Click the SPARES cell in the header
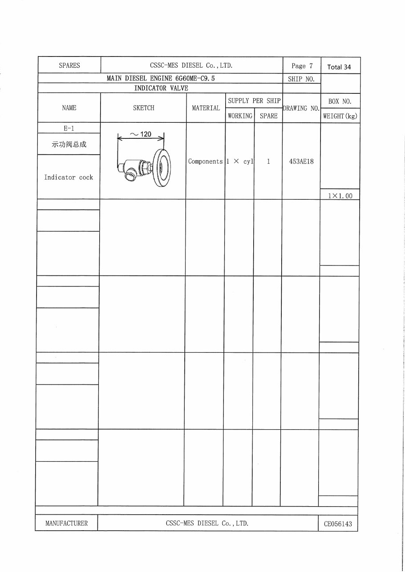69,65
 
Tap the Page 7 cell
302,66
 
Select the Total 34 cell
339,67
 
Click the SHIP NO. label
301,79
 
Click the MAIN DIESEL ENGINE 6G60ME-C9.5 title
164,78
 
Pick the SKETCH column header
144,108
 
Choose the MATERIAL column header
206,108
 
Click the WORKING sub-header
240,116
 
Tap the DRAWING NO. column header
301,108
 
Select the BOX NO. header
340,101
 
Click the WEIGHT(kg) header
340,116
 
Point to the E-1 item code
69,128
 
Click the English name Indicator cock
69,177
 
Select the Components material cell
205,161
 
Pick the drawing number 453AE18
301,161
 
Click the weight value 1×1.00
340,195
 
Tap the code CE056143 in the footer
338,524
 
